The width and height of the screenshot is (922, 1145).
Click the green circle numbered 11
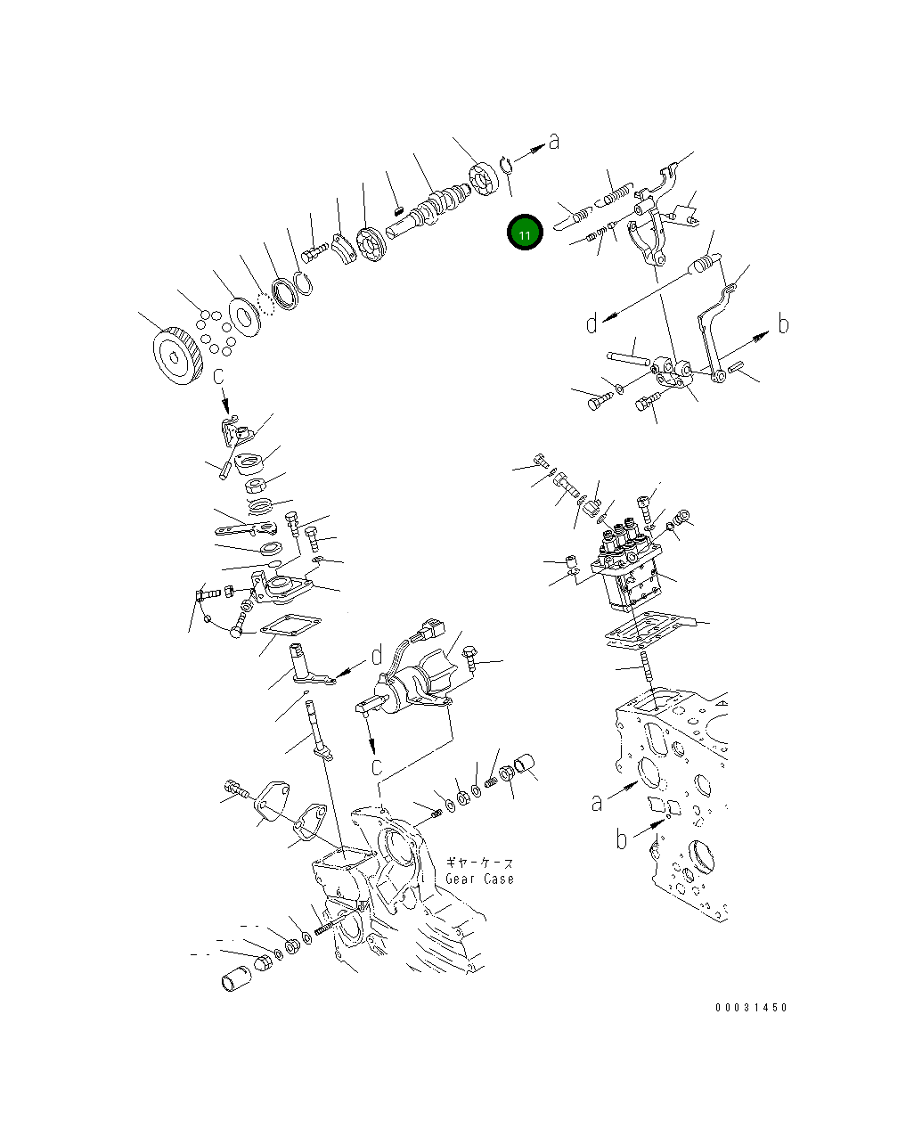pos(525,233)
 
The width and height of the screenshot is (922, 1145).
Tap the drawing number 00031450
pos(751,1008)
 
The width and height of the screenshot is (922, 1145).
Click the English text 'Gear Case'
pos(480,879)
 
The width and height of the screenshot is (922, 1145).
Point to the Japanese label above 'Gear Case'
pos(479,863)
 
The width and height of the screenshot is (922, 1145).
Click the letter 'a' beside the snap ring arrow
pos(554,141)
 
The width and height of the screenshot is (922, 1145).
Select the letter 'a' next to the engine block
pos(597,803)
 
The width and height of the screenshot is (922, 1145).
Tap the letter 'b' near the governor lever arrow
pos(783,324)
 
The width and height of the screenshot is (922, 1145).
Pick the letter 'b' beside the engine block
pos(623,838)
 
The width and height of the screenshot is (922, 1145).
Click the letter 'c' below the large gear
pos(219,377)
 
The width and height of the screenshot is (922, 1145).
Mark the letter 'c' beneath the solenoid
pos(378,765)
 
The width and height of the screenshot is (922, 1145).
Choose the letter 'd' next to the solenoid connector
pos(377,655)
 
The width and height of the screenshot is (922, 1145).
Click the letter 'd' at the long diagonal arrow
pos(592,323)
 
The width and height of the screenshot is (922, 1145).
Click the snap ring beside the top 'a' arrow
pos(506,164)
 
